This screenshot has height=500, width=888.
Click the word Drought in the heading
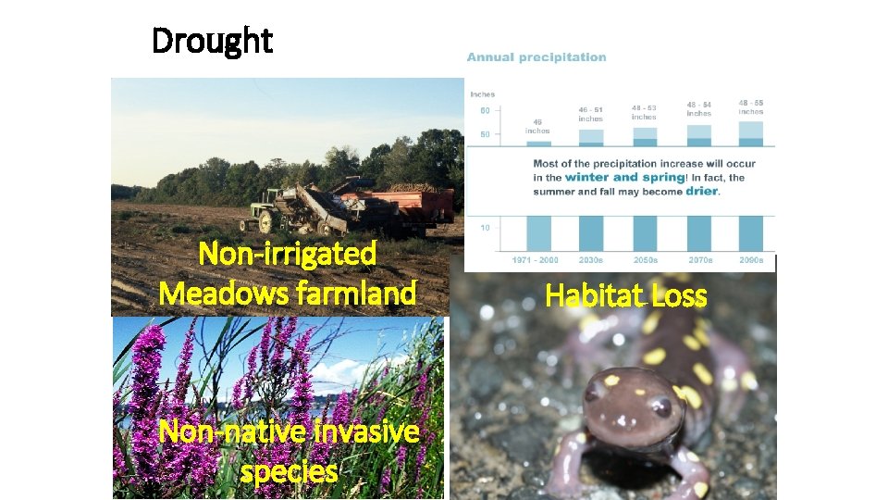click(212, 41)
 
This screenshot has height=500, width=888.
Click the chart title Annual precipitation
click(536, 57)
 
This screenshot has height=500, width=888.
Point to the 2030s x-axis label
click(590, 260)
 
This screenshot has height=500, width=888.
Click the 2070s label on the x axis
click(699, 260)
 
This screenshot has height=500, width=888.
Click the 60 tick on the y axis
click(484, 111)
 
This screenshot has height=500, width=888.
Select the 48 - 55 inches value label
click(751, 106)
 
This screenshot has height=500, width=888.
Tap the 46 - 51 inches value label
click(590, 115)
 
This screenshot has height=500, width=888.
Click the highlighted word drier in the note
click(699, 191)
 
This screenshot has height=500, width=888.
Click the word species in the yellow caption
click(289, 471)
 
